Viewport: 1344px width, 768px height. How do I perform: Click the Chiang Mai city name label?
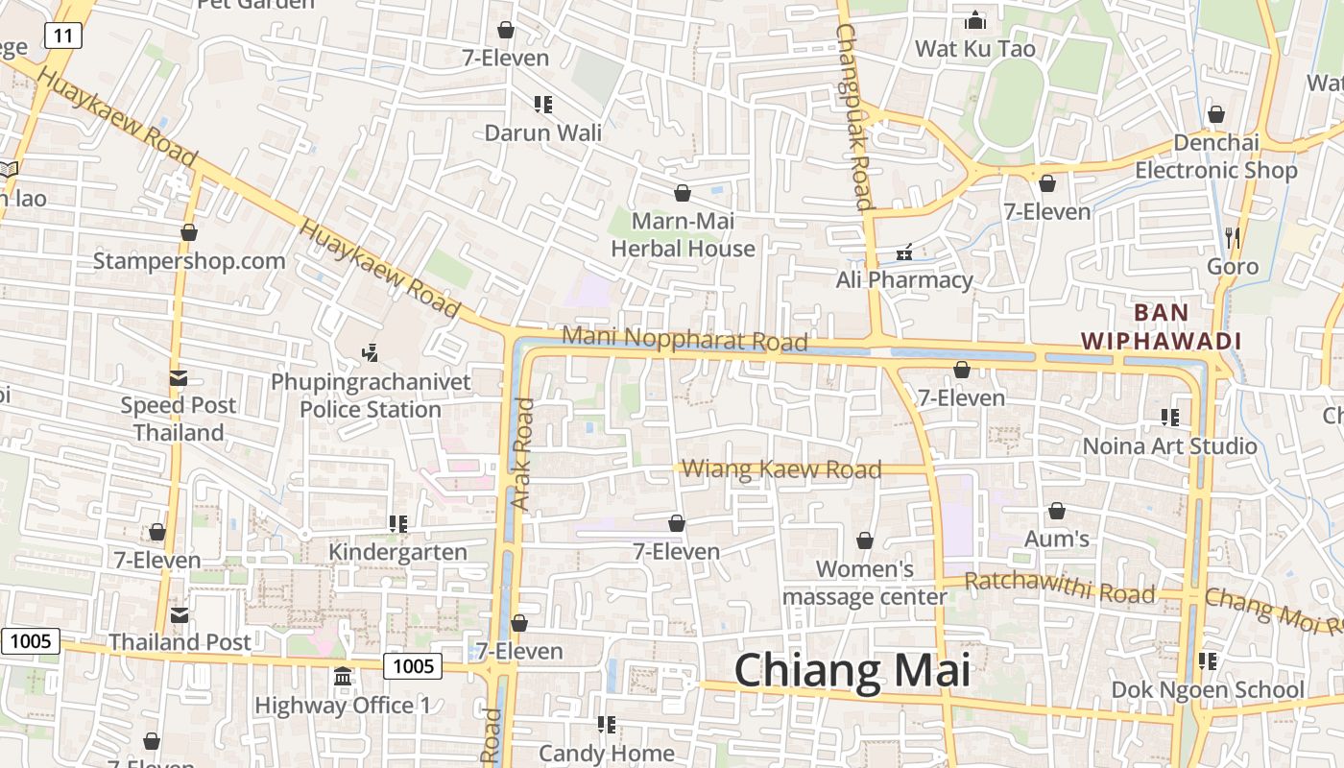(x=852, y=670)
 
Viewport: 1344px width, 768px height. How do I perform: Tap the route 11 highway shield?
(x=62, y=36)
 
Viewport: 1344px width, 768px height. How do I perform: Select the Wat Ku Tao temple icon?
(x=975, y=20)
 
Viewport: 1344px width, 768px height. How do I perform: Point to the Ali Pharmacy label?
(x=904, y=280)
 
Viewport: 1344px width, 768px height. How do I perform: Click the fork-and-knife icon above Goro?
(x=1233, y=237)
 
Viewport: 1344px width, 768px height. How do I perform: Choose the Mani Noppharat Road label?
(x=684, y=339)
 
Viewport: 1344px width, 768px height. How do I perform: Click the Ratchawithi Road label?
(x=1059, y=588)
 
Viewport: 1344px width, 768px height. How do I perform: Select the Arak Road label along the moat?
(x=521, y=453)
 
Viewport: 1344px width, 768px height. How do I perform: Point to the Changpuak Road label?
(x=852, y=115)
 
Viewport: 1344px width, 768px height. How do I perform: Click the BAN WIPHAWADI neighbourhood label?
(x=1162, y=326)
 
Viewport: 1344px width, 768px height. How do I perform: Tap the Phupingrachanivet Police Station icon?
(x=371, y=353)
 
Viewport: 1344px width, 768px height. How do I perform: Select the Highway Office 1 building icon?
(x=343, y=677)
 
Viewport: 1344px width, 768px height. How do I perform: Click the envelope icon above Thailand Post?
(x=180, y=614)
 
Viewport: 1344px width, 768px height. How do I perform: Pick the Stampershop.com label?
(x=189, y=261)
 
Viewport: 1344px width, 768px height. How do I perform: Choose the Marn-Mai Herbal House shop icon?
(x=683, y=194)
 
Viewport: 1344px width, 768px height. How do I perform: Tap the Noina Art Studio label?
(x=1169, y=446)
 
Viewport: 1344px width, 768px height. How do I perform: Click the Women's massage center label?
(x=865, y=583)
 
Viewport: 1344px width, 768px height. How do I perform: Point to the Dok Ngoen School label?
(x=1208, y=690)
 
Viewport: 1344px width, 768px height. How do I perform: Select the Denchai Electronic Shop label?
(x=1216, y=156)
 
